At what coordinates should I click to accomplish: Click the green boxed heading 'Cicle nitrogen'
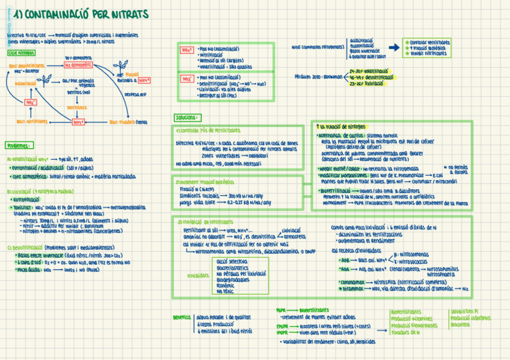click(x=21, y=53)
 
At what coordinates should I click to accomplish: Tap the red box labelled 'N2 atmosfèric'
click(x=78, y=64)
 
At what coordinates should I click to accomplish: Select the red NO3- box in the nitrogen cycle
click(x=31, y=102)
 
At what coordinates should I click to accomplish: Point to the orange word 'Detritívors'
click(x=77, y=108)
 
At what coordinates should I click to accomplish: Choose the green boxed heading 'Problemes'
click(x=20, y=145)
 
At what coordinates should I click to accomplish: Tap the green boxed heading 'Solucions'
click(x=188, y=117)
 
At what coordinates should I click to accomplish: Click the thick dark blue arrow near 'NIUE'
click(x=395, y=47)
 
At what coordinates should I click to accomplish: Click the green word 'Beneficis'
click(x=182, y=317)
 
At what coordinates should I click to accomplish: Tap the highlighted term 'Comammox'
click(x=352, y=281)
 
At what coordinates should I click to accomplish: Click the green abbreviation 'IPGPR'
click(x=281, y=332)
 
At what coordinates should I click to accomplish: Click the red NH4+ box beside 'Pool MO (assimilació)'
click(x=187, y=50)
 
